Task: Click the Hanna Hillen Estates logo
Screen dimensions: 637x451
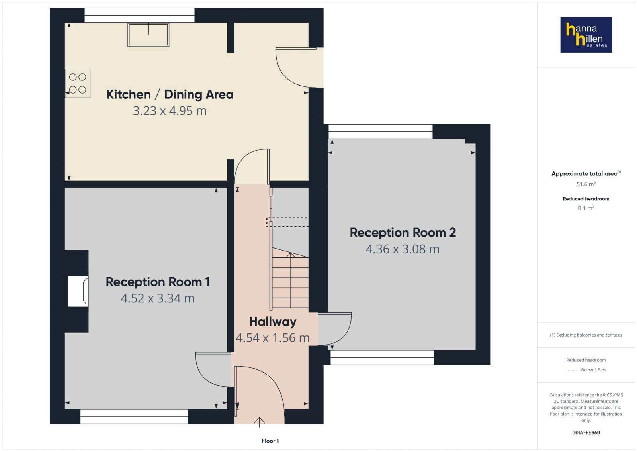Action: coord(586,35)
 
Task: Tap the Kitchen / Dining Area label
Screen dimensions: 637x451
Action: coord(170,94)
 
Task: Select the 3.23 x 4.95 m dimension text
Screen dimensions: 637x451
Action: coord(170,111)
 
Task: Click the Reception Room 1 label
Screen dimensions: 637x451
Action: coord(158,282)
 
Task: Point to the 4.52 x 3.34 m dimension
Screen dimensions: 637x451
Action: coord(158,298)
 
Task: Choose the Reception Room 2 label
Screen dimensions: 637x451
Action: coord(403,233)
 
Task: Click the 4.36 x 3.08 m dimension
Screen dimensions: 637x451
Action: coord(403,249)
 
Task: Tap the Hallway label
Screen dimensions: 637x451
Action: coord(273,322)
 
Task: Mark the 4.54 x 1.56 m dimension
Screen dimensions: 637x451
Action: coord(273,338)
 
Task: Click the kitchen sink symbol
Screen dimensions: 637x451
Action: coord(148,35)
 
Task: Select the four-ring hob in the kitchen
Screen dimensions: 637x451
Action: coord(78,83)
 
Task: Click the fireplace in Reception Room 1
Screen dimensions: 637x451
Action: coord(78,291)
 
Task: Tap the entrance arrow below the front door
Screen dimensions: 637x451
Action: coord(259,422)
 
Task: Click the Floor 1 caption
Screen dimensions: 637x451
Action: coord(270,441)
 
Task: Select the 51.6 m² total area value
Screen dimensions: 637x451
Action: coord(586,184)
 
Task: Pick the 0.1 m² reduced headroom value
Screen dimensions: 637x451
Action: coord(586,208)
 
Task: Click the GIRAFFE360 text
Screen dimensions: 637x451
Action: coord(586,433)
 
